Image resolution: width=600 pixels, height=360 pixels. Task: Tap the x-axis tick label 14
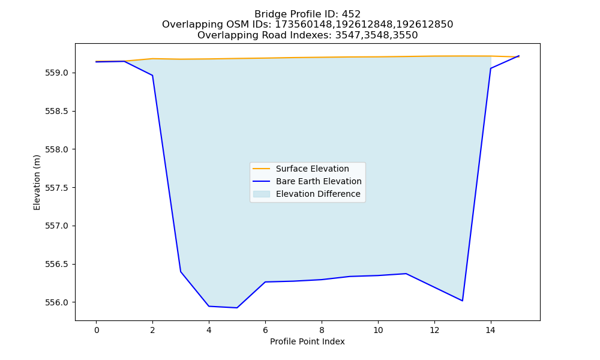point(491,330)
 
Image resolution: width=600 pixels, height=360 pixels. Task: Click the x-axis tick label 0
point(97,330)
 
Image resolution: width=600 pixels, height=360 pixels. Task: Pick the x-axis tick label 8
point(322,330)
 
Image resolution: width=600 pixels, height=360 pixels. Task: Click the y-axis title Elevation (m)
point(37,182)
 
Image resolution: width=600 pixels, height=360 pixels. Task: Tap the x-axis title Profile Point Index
point(307,341)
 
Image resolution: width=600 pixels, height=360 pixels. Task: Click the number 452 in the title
point(351,14)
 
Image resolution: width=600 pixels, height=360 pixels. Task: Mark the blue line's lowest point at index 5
point(237,308)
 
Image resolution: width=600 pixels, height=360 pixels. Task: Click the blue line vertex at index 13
point(462,301)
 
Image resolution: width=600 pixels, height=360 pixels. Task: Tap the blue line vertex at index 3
point(181,272)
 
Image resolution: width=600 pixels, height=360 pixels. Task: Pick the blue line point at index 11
point(406,274)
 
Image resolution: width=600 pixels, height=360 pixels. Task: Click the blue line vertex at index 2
point(152,76)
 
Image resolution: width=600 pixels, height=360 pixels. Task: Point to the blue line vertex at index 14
point(491,68)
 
